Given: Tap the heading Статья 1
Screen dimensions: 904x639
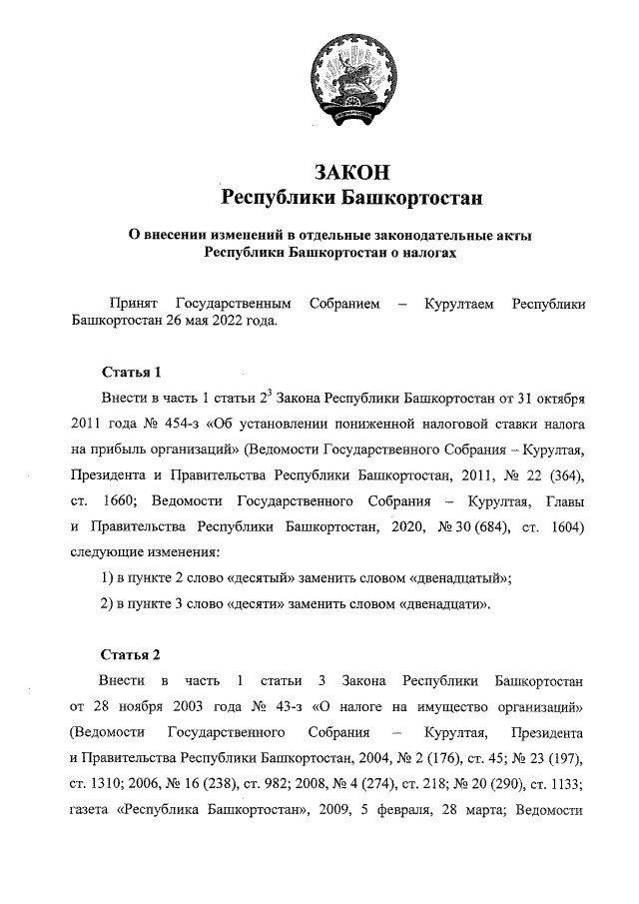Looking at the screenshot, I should click(131, 374).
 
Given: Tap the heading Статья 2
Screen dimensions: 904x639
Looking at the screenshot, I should click(131, 655).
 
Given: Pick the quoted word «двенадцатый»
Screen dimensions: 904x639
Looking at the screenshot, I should click(459, 577).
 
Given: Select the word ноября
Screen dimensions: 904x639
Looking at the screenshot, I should click(147, 707).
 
